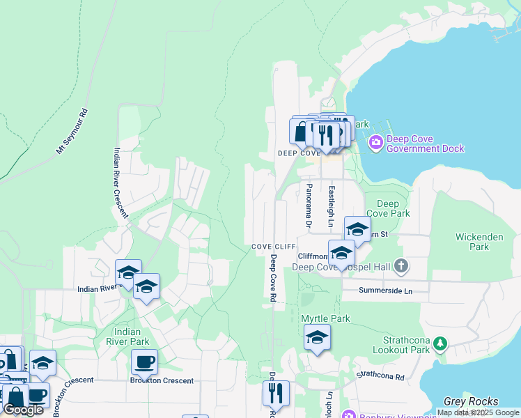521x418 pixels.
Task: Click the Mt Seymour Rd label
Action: [72, 131]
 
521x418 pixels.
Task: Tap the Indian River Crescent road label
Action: [121, 183]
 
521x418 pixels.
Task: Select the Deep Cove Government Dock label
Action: [425, 144]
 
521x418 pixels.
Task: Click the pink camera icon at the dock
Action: [376, 143]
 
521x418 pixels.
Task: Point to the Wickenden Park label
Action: [479, 242]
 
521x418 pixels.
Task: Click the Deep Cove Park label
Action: [388, 208]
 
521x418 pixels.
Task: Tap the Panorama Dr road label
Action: [308, 206]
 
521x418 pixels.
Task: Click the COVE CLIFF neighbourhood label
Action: [271, 247]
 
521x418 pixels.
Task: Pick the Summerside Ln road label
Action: [386, 290]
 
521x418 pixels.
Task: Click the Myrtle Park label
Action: [325, 318]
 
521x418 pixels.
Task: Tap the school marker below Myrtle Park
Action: [317, 338]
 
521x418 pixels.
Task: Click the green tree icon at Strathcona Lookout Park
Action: [440, 343]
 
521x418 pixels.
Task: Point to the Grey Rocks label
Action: [472, 401]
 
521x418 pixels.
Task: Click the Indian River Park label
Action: [128, 336]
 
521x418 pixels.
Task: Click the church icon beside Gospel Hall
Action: [401, 265]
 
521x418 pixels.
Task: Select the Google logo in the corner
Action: [24, 410]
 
